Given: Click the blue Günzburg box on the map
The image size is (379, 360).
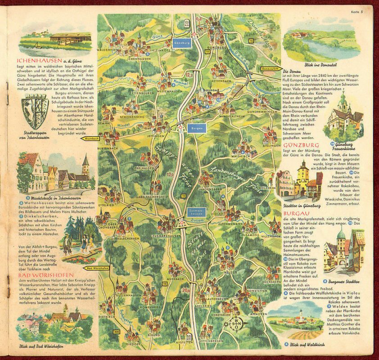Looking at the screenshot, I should (x=182, y=43).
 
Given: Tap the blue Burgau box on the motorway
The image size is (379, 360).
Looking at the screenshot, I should (x=197, y=128).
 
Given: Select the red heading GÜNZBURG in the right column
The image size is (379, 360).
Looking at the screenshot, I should (x=302, y=145).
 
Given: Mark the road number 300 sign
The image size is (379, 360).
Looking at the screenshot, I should (x=117, y=332).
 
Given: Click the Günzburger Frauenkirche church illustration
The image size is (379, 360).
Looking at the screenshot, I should (x=344, y=117).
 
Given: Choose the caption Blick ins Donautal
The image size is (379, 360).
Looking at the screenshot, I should (x=304, y=60).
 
